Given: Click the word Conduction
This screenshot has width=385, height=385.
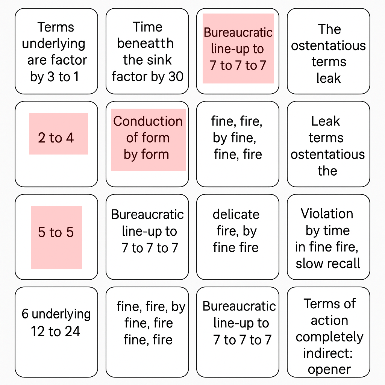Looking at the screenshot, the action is (x=148, y=121).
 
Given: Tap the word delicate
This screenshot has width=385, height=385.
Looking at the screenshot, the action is (x=236, y=214).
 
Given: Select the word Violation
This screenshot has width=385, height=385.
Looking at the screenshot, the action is (x=327, y=214).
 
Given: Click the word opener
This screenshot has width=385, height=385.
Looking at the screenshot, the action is (x=329, y=370).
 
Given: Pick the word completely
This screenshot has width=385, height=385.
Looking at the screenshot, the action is (x=329, y=337).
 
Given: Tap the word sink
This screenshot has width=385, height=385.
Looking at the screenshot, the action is (x=161, y=60).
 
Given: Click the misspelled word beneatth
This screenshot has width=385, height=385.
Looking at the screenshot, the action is (x=146, y=43).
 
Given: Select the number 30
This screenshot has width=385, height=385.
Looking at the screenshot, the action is (x=176, y=76).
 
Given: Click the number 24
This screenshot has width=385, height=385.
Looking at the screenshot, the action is (x=73, y=331).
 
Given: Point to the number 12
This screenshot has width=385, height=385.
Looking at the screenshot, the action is (x=38, y=331).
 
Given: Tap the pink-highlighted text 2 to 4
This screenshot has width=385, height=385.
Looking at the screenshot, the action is (x=56, y=138).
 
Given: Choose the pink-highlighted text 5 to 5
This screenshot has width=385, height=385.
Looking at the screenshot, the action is (x=56, y=232).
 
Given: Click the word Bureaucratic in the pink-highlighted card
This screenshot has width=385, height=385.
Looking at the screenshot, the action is (x=238, y=32).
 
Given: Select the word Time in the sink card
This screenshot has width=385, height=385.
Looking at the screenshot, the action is (x=147, y=27).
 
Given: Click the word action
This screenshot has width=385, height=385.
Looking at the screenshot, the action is (x=329, y=320).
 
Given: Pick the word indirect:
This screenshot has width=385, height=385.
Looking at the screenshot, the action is (x=328, y=353).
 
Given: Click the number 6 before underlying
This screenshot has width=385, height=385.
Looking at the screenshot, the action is (x=25, y=314).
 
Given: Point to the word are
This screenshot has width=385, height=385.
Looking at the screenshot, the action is (x=37, y=60).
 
